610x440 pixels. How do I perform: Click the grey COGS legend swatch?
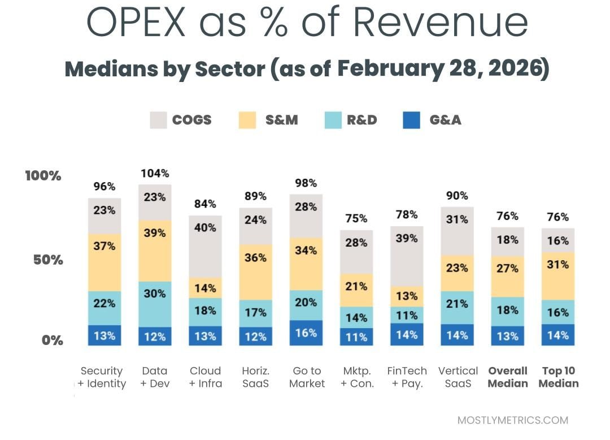pyautogui.click(x=158, y=120)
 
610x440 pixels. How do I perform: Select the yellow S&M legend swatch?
pyautogui.click(x=247, y=120)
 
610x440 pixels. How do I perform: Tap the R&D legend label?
pyautogui.click(x=362, y=120)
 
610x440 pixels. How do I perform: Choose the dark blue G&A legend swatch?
pyautogui.click(x=411, y=120)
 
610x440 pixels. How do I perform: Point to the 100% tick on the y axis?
pyautogui.click(x=43, y=176)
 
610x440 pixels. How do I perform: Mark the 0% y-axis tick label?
pyautogui.click(x=51, y=340)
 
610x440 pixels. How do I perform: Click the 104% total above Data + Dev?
pyautogui.click(x=155, y=173)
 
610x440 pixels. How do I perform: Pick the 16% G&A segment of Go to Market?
pyautogui.click(x=306, y=333)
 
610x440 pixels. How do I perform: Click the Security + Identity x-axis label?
pyautogui.click(x=102, y=377)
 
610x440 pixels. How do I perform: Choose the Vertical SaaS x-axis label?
pyautogui.click(x=458, y=377)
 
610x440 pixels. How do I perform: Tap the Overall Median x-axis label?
pyautogui.click(x=508, y=377)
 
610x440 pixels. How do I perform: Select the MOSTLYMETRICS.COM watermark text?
pyautogui.click(x=512, y=420)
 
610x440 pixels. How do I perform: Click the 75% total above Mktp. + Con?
pyautogui.click(x=356, y=218)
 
